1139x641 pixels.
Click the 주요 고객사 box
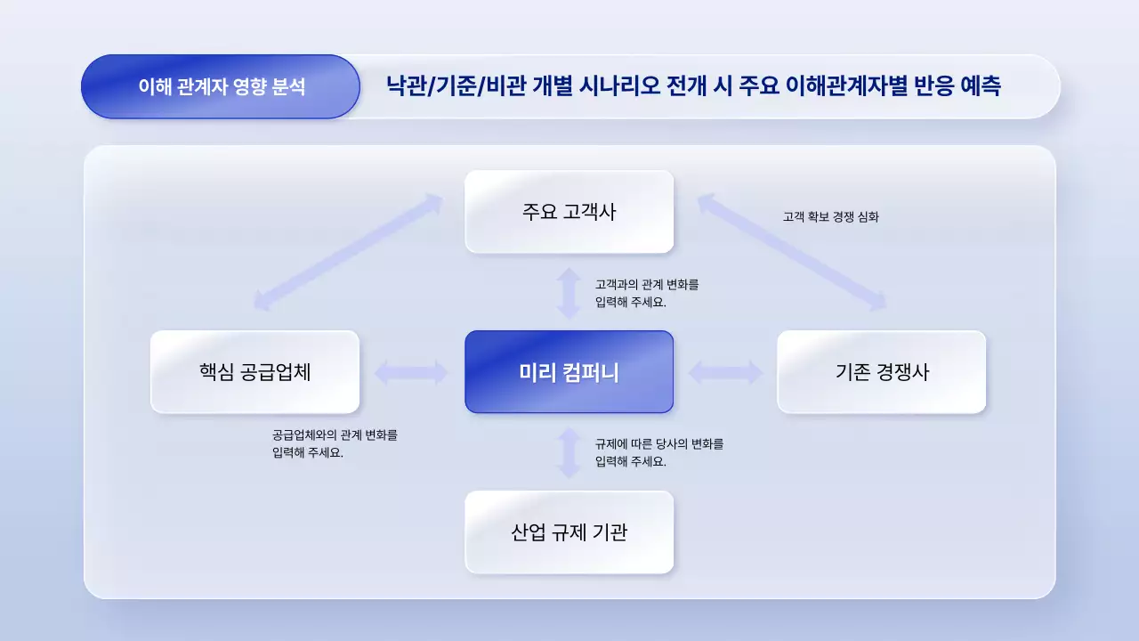point(569,212)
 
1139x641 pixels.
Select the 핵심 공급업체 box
point(254,372)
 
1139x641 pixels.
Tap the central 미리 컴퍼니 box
point(569,372)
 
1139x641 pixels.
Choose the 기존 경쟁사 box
point(881,372)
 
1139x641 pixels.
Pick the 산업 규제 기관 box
point(569,532)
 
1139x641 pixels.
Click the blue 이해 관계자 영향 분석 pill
point(221,87)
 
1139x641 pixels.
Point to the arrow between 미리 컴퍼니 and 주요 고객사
point(569,292)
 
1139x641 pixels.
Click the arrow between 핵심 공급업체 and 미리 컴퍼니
point(411,372)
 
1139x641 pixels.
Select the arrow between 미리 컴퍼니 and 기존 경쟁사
point(725,372)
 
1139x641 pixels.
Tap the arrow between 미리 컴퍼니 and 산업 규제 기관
point(569,452)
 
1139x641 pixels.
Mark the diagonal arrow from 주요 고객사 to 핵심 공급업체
point(348,252)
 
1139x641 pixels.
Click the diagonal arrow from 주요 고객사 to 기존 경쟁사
point(792,253)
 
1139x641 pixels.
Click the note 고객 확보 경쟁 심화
point(830,216)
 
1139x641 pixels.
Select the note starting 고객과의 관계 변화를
point(647,293)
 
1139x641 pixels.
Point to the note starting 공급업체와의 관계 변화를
point(335,444)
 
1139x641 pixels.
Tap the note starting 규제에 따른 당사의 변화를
point(659,452)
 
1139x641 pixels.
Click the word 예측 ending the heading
point(980,87)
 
